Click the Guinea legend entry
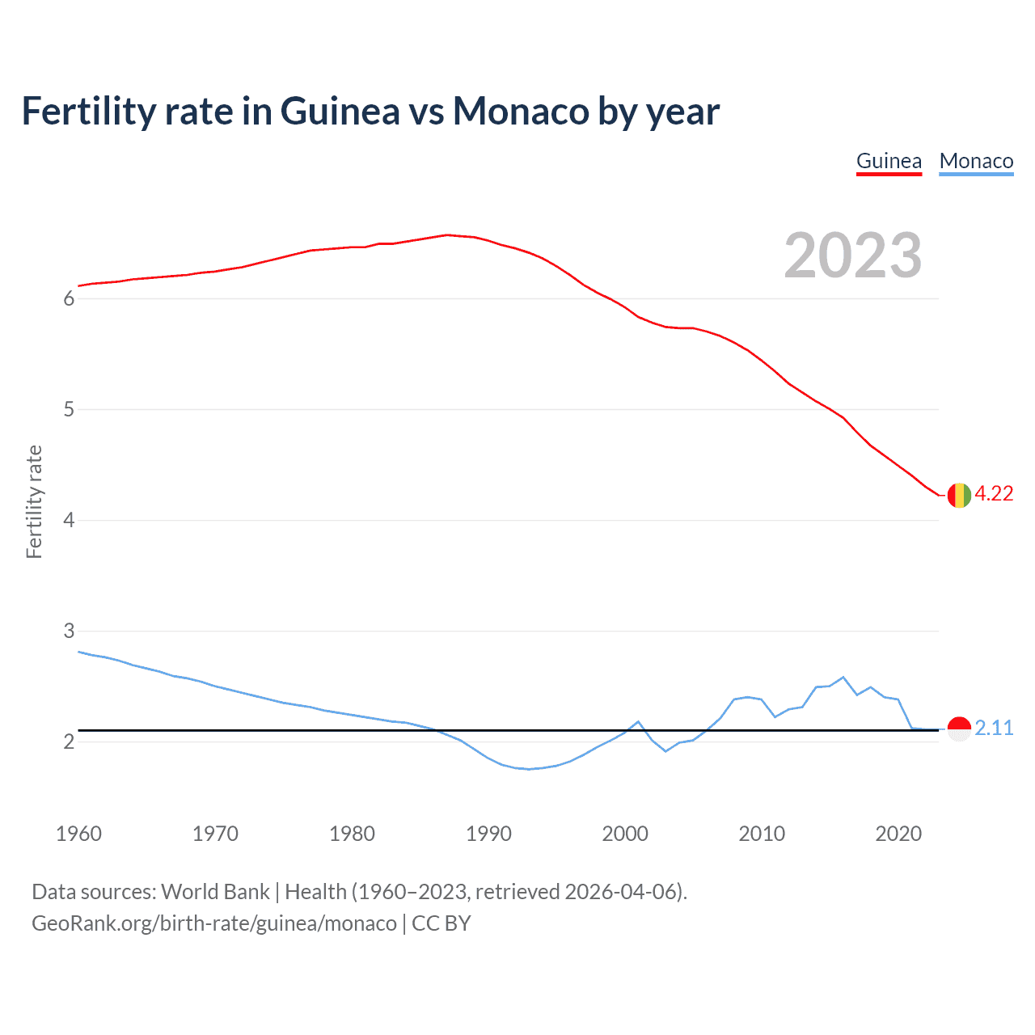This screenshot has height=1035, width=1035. click(889, 162)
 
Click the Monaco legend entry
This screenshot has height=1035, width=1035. click(976, 162)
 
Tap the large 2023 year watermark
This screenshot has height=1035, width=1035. click(852, 256)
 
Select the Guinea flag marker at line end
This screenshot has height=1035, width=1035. click(959, 495)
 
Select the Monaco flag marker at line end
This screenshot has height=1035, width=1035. click(959, 729)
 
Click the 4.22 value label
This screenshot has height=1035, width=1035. click(994, 494)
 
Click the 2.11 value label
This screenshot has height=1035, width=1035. click(994, 729)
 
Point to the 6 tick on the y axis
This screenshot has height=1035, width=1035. click(69, 299)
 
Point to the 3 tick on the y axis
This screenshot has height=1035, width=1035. click(69, 631)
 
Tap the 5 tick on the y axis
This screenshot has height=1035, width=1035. click(69, 410)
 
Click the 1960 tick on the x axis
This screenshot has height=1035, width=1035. click(78, 834)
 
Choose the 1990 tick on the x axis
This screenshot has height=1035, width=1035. click(488, 834)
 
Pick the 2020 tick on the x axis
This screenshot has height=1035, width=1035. click(898, 834)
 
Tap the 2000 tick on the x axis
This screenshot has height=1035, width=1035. click(625, 834)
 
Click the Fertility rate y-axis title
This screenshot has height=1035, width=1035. click(34, 501)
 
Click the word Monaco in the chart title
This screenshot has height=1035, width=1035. click(521, 111)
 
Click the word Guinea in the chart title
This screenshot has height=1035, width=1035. click(340, 111)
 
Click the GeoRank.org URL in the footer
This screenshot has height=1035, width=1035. click(214, 923)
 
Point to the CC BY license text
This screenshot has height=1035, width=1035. click(441, 923)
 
